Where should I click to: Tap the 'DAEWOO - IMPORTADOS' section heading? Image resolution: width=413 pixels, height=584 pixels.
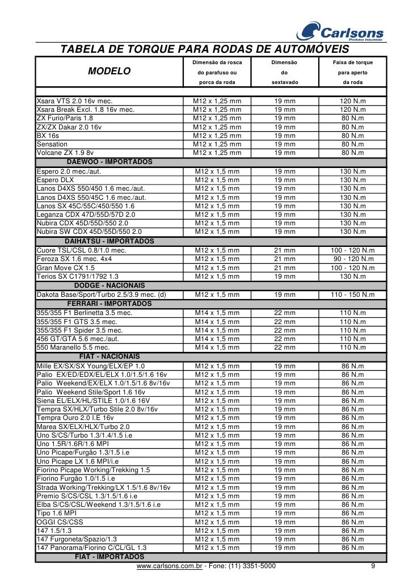point(109,162)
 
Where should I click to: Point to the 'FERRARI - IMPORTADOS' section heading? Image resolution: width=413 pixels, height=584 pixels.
point(109,304)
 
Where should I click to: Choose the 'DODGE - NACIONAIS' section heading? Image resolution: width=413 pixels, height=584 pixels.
point(109,285)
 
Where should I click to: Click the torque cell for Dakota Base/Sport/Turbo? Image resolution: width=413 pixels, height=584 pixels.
point(352,295)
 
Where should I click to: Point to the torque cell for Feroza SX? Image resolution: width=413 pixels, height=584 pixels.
point(352,259)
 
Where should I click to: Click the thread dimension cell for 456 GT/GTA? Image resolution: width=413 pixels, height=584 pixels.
point(217,339)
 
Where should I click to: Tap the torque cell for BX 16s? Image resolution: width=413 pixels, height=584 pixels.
point(352,136)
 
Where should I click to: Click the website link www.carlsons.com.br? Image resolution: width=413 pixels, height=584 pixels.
point(170,566)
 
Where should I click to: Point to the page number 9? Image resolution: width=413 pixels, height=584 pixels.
point(373,566)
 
